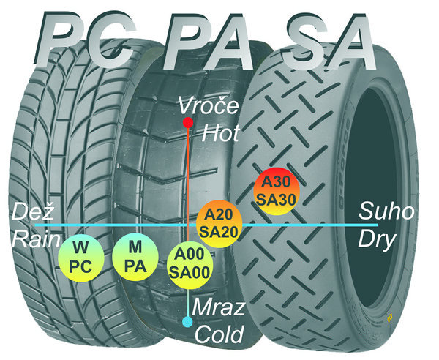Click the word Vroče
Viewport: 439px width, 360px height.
point(210,107)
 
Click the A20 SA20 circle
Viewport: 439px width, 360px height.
point(219,222)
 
